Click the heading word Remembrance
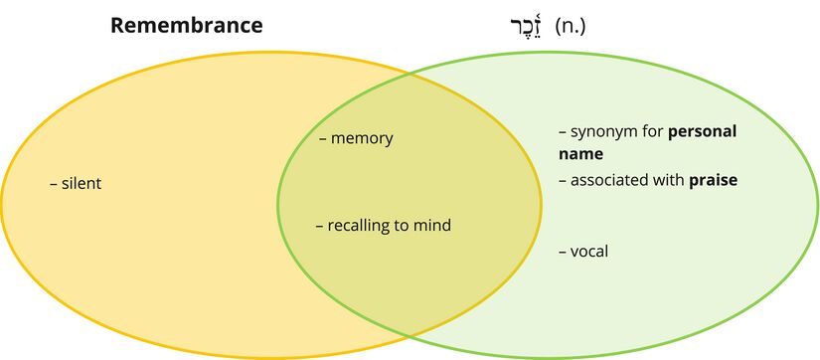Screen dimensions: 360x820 186,26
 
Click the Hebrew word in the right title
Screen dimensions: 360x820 520,25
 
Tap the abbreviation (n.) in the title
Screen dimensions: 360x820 570,26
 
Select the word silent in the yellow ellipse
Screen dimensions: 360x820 82,184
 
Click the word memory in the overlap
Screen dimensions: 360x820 362,138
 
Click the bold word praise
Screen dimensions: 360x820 713,180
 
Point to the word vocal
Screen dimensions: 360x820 589,252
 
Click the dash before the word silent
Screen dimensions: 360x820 54,184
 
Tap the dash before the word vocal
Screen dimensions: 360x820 563,252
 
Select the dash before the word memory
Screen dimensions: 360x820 323,138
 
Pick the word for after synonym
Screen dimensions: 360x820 652,131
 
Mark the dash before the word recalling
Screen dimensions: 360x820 319,226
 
